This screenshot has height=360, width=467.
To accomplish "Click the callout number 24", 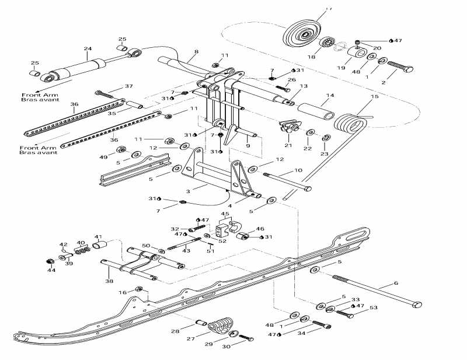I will pos(88,49).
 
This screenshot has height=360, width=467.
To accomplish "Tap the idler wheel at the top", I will pos(305,33).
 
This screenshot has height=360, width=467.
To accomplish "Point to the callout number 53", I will pos(374,307).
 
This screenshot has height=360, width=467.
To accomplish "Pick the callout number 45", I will pos(224,214).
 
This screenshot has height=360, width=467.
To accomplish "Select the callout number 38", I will pos(110,281).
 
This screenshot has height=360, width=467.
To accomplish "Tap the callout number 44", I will pos(51,270).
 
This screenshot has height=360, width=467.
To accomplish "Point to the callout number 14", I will pos(330,95).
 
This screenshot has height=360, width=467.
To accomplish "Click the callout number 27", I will pos(191,338).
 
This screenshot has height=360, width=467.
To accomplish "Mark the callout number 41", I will pos(98,237).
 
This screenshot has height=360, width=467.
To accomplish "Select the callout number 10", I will pos(298,170).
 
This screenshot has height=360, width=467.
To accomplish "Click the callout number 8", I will pos(196,52).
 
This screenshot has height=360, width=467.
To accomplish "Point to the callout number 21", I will pos(288,145).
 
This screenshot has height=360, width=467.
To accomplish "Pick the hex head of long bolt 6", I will pos(416,305).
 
